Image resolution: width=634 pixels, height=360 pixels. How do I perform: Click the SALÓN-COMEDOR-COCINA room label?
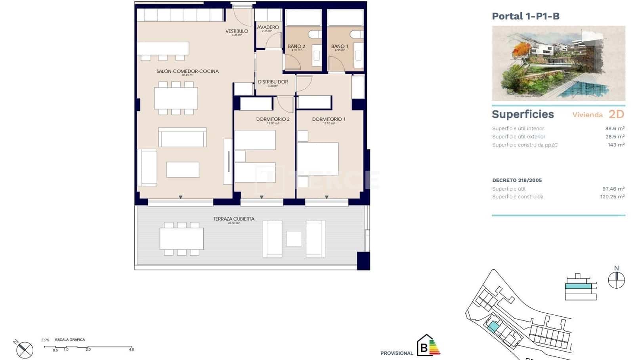pyautogui.click(x=187, y=71)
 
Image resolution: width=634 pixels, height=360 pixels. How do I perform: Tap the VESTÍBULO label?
pyautogui.click(x=237, y=31)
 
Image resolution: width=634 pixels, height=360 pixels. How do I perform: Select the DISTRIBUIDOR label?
pyautogui.click(x=273, y=82)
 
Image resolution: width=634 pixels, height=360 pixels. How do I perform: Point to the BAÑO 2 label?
pyautogui.click(x=296, y=46)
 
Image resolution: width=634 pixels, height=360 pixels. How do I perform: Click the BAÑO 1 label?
pyautogui.click(x=340, y=46)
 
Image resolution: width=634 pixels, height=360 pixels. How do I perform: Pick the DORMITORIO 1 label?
pyautogui.click(x=328, y=119)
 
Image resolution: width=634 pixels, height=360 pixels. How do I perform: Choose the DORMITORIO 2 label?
pyautogui.click(x=273, y=119)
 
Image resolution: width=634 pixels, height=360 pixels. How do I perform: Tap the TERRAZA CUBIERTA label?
pyautogui.click(x=234, y=219)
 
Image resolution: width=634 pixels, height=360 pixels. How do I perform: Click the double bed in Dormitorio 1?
pyautogui.click(x=318, y=159)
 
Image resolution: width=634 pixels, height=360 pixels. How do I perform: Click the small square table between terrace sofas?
pyautogui.click(x=294, y=239)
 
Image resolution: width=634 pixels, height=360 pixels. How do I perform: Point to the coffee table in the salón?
pyautogui.click(x=182, y=170)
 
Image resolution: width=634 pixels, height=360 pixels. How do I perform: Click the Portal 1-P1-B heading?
pyautogui.click(x=525, y=16)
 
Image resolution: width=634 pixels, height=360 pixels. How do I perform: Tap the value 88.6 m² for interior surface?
pyautogui.click(x=615, y=128)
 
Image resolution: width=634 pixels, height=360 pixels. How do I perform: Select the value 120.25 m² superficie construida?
pyautogui.click(x=612, y=196)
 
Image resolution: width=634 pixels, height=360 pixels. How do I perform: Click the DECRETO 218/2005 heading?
pyautogui.click(x=517, y=180)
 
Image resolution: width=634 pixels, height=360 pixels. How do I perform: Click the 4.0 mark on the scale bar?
pyautogui.click(x=131, y=349)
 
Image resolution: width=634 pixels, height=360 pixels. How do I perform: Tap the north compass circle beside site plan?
pyautogui.click(x=616, y=280)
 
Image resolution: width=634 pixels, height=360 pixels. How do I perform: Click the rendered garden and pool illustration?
pyautogui.click(x=558, y=63)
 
